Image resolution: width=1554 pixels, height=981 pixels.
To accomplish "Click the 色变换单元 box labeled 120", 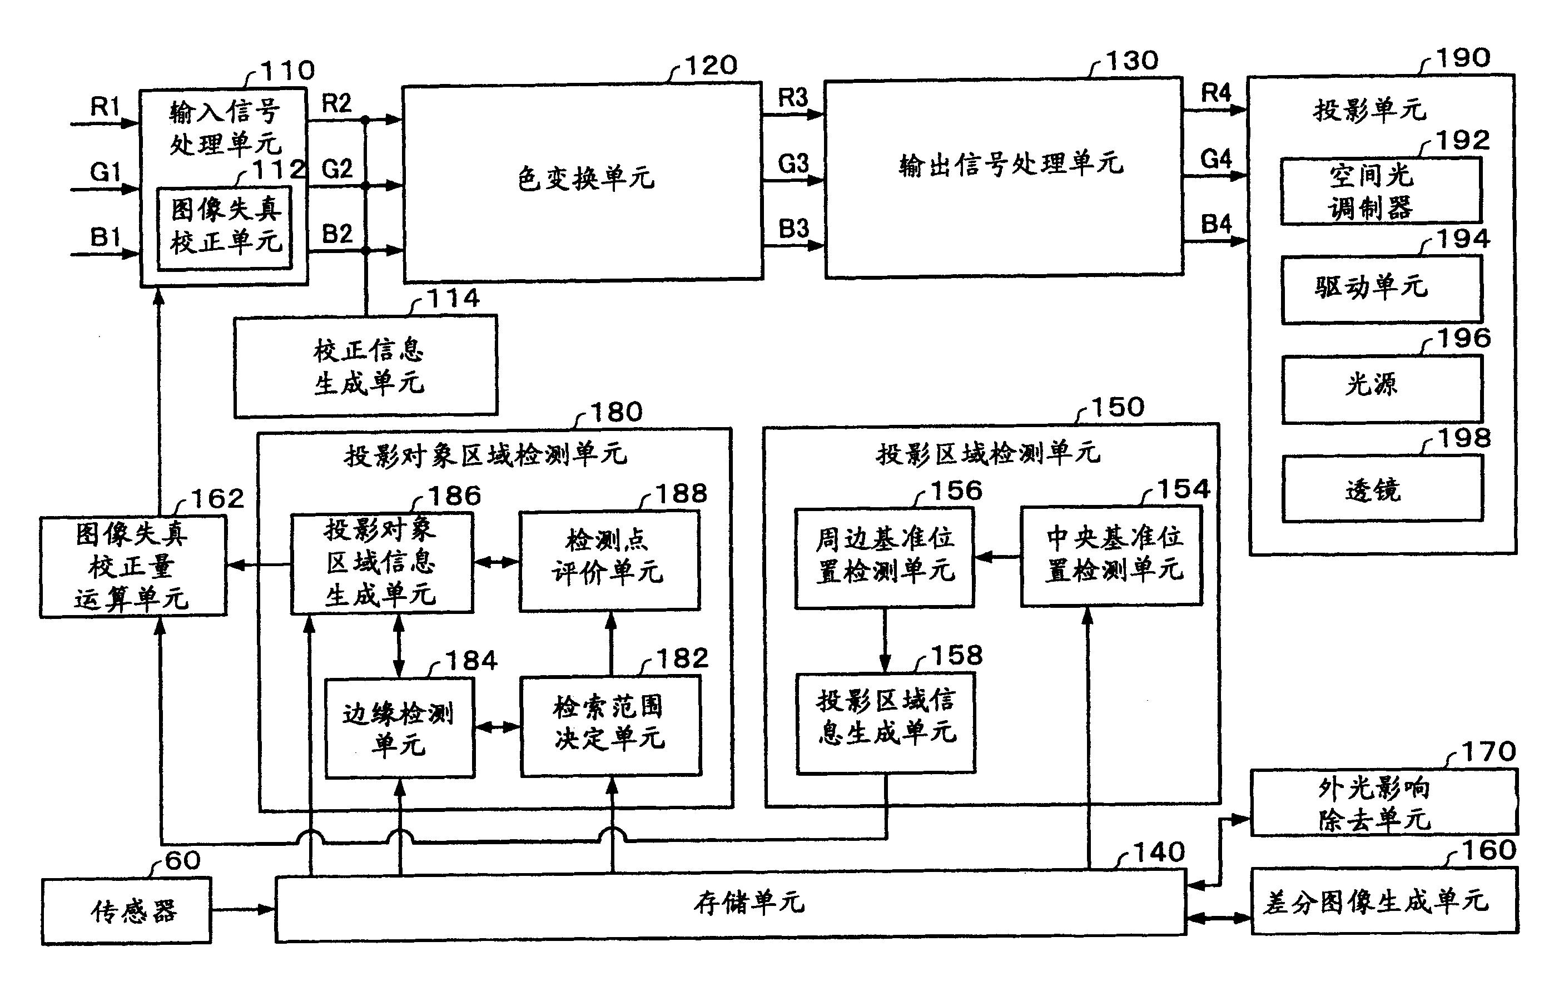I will tap(583, 181).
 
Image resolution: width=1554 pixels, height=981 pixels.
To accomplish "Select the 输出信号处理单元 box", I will tap(1004, 177).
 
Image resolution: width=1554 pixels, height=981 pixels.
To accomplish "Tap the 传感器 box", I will tap(127, 911).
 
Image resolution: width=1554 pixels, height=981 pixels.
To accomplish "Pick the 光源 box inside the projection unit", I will tap(1382, 389).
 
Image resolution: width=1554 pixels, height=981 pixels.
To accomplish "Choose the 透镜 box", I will tap(1382, 489).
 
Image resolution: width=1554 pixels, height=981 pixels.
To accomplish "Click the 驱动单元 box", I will tap(1382, 289).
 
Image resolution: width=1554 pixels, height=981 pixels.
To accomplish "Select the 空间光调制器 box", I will tap(1381, 191).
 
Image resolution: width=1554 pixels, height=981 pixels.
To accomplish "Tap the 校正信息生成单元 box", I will tap(365, 366).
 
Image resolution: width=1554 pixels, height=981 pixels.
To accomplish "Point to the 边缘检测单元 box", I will tap(399, 728).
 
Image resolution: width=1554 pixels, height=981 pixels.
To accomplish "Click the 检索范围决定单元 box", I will tap(610, 725).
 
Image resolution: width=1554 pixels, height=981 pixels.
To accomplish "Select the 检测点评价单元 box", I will tap(609, 560).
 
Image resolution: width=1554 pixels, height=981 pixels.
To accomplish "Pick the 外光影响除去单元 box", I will tap(1384, 802).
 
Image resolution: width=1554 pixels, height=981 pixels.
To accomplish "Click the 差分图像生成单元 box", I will tap(1384, 901).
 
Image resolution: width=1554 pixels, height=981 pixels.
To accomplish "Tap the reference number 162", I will tap(217, 499).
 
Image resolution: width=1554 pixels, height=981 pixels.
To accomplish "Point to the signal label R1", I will tap(105, 106).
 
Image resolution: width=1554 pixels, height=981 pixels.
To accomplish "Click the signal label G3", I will tap(793, 163).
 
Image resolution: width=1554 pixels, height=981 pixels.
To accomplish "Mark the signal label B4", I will tap(1216, 224).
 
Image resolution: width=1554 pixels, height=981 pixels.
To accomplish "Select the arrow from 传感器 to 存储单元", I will tap(242, 909).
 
